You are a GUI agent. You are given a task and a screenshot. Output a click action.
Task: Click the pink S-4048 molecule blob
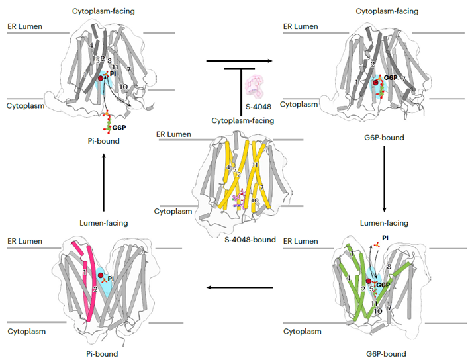(x=255, y=86)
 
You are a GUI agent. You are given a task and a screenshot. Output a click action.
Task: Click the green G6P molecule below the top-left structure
(x=105, y=121)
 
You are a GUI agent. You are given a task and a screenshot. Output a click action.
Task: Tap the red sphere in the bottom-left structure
(x=100, y=275)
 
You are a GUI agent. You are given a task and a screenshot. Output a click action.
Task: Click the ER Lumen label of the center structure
(x=173, y=134)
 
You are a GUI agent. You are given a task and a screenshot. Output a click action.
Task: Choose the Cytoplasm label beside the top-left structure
(x=26, y=105)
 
